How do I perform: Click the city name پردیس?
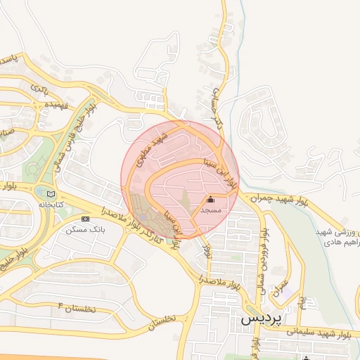tap(261, 318)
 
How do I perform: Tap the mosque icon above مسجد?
tap(211, 200)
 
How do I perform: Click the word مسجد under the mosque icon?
tap(211, 210)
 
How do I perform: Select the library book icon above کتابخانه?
tap(50, 193)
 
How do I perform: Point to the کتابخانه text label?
tap(50, 204)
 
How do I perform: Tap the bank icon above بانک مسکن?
tap(85, 219)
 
